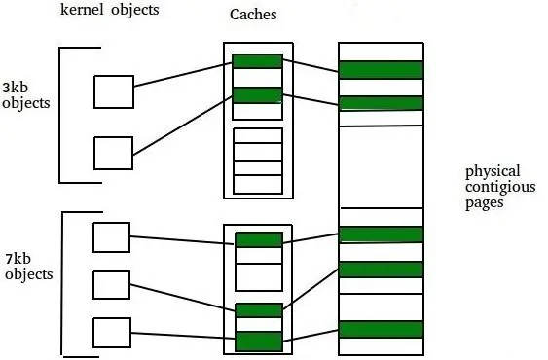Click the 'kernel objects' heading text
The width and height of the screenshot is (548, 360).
pos(108,11)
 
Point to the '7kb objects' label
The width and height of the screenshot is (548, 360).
pos(27,269)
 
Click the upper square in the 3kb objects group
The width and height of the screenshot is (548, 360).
pos(113,91)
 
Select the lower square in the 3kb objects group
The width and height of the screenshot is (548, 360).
pos(113,153)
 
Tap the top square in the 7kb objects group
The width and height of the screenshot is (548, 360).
pos(110,236)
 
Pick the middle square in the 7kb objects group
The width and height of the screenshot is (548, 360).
pos(110,284)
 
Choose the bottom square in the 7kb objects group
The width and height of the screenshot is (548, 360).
pos(110,331)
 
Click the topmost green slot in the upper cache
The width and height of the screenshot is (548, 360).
pos(257,61)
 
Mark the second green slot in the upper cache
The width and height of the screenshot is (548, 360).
pos(257,95)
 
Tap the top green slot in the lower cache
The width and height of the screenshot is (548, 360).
pos(258,240)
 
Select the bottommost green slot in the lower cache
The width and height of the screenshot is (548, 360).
pos(258,342)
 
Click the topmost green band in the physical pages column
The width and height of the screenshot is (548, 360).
pos(381,70)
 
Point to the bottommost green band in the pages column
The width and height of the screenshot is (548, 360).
pos(381,329)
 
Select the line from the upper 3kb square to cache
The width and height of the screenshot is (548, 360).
pos(182,73)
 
